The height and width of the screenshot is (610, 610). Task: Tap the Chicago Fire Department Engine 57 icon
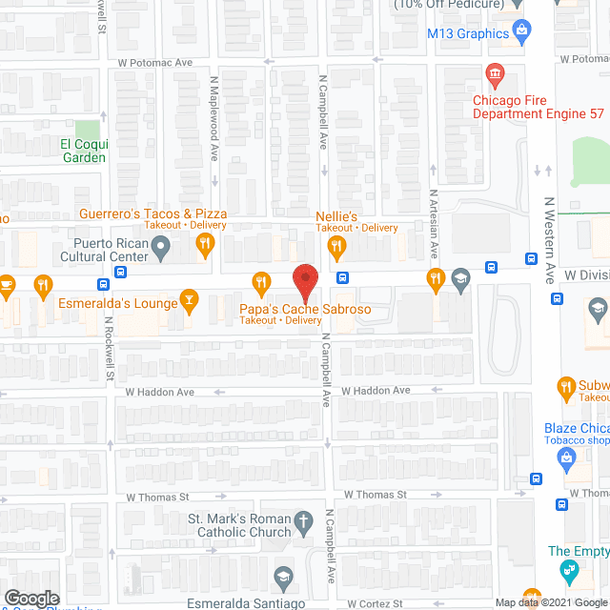point(495,73)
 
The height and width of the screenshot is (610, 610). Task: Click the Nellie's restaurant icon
point(335,248)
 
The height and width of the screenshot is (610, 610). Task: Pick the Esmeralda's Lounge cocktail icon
point(189,303)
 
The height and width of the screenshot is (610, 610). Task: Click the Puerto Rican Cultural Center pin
point(161,251)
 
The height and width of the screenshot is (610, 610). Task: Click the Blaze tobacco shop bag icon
point(566,457)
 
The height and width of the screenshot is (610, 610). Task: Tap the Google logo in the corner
point(31,599)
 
